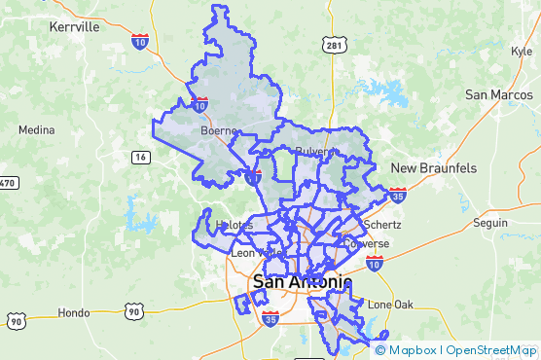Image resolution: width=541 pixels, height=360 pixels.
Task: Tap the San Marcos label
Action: point(496,94)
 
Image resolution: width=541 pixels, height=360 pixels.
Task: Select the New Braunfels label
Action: point(434,168)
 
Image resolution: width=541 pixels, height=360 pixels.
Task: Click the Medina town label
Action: point(36,129)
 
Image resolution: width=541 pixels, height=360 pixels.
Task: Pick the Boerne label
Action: point(219,129)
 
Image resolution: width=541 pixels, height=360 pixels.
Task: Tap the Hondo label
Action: point(74,313)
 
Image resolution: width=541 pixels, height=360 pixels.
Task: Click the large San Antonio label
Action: point(302,282)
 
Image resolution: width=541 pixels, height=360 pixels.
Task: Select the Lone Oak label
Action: point(391,305)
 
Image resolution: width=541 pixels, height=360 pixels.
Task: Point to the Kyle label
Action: point(521,52)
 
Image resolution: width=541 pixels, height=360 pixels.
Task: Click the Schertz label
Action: point(380,224)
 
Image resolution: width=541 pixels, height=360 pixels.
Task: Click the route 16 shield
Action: point(142,158)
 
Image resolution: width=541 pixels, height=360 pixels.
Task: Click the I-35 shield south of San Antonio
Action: point(270,318)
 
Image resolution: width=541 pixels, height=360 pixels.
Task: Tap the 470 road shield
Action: point(8,183)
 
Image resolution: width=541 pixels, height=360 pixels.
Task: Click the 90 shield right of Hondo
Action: point(133,311)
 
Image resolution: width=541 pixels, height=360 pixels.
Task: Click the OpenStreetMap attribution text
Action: point(491,350)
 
